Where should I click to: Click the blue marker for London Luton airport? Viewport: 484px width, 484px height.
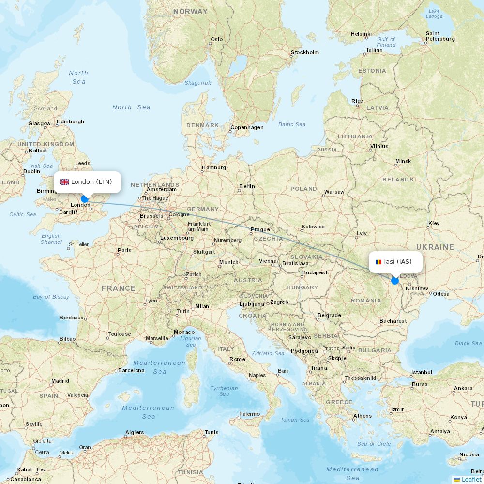(x=85, y=198)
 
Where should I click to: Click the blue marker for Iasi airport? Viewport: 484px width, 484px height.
(x=395, y=281)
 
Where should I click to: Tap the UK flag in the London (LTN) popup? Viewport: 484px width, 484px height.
(x=64, y=182)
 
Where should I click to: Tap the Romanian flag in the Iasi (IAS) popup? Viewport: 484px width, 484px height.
(x=378, y=262)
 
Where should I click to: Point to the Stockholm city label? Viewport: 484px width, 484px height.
(x=304, y=52)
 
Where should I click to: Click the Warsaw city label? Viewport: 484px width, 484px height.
(x=334, y=192)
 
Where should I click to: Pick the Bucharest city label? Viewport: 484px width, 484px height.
(x=393, y=321)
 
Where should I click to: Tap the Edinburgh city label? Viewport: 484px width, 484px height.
(x=70, y=121)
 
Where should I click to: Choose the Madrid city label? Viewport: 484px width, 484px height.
(x=60, y=381)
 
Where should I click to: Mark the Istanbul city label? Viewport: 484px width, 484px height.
(x=421, y=372)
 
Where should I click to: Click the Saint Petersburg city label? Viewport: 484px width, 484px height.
(x=440, y=36)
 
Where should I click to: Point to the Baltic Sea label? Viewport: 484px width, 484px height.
(x=292, y=124)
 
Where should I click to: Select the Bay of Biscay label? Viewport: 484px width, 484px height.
(x=51, y=297)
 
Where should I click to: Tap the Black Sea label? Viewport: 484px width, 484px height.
(x=468, y=343)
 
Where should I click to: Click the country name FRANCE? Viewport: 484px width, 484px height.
(x=119, y=288)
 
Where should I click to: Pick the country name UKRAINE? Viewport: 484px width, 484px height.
(x=435, y=247)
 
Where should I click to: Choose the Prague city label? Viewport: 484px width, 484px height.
(x=260, y=229)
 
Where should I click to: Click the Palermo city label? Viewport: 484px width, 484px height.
(x=249, y=414)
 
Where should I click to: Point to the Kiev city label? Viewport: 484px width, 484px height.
(x=434, y=223)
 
